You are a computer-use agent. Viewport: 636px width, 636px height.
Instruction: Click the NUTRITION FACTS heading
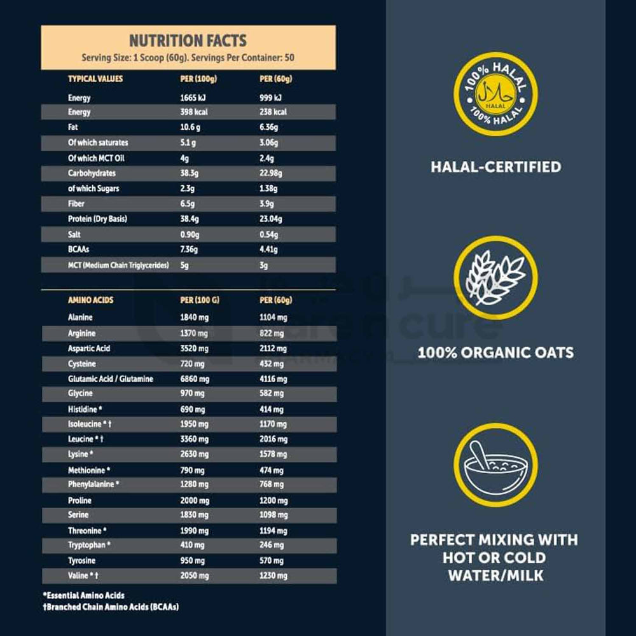pyautogui.click(x=188, y=41)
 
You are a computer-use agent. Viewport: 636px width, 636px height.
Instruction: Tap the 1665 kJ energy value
pyautogui.click(x=195, y=98)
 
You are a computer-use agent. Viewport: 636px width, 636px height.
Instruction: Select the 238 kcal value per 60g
pyautogui.click(x=273, y=113)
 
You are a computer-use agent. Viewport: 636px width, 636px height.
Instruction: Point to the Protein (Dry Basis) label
pyautogui.click(x=97, y=219)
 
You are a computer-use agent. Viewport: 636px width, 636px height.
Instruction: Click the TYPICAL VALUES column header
pyautogui.click(x=95, y=79)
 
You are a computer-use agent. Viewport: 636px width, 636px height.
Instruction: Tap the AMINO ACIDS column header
pyautogui.click(x=91, y=300)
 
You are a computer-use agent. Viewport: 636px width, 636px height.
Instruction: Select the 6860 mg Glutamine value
pyautogui.click(x=195, y=379)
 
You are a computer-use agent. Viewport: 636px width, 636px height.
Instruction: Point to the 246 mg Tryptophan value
pyautogui.click(x=272, y=545)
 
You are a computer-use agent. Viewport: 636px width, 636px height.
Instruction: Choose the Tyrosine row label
pyautogui.click(x=82, y=560)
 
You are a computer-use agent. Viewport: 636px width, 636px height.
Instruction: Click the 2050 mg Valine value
pyautogui.click(x=195, y=576)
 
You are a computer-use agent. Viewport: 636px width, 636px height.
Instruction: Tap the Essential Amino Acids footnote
pyautogui.click(x=83, y=596)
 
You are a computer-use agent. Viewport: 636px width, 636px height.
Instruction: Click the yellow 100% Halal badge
pyautogui.click(x=495, y=93)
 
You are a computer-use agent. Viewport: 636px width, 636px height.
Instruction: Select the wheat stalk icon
pyautogui.click(x=495, y=278)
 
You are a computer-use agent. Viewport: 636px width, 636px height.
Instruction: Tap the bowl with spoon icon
pyautogui.click(x=495, y=465)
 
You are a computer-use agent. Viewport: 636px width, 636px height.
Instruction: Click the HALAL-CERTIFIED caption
pyautogui.click(x=495, y=167)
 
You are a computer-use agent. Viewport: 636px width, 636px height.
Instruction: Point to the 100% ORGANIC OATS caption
pyautogui.click(x=495, y=352)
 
